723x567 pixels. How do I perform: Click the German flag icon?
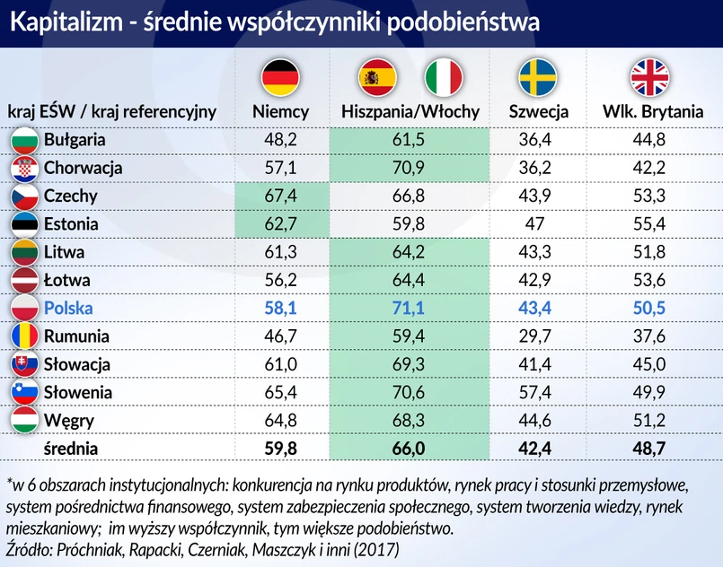click(280, 78)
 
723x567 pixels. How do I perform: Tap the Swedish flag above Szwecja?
click(538, 78)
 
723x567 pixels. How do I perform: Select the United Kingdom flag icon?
click(651, 78)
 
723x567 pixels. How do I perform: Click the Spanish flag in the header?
click(376, 78)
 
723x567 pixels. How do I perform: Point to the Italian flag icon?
click(443, 78)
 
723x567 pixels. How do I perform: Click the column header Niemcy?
click(280, 112)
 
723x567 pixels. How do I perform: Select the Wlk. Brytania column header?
click(651, 112)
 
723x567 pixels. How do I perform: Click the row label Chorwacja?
click(83, 168)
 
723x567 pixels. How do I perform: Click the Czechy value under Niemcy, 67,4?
click(281, 196)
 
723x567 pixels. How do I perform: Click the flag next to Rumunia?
click(23, 336)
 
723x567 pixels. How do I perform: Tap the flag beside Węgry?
click(23, 420)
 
